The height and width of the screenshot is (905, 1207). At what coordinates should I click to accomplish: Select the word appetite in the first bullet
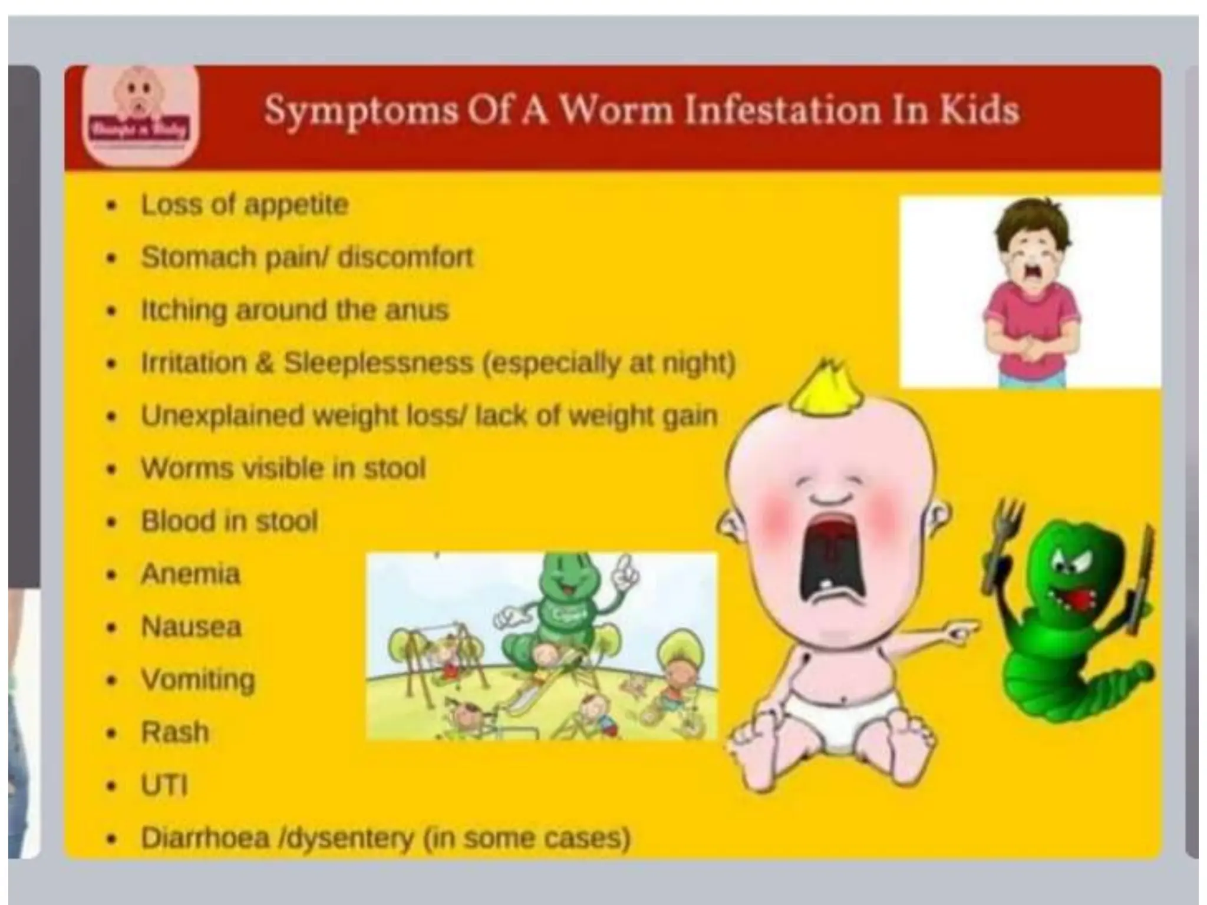coord(296,205)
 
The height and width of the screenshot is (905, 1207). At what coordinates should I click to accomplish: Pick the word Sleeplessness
coord(378,362)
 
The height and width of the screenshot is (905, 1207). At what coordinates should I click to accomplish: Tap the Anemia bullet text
coord(190,574)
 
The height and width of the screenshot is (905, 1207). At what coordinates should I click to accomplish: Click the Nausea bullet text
coord(191,626)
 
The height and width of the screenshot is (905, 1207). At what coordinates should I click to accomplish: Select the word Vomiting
coord(197,679)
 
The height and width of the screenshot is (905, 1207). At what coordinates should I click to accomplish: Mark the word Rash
coord(175,732)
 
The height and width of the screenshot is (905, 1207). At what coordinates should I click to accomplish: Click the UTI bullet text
coord(164,785)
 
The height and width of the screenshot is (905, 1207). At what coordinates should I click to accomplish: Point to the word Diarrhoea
coord(205,837)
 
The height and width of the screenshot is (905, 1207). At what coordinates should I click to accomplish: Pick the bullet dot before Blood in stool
coord(111,522)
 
